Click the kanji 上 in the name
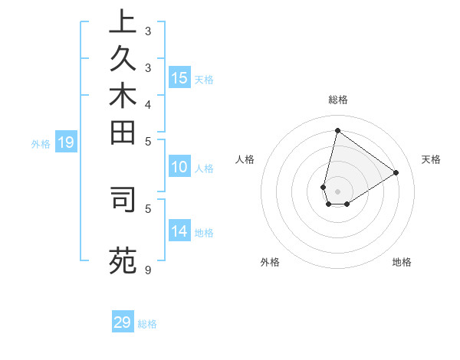(123, 23)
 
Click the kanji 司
(123, 198)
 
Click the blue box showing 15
(179, 77)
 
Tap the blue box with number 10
(179, 168)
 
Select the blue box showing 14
(179, 231)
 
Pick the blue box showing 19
(66, 142)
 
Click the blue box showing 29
(123, 322)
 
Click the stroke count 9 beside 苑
(148, 270)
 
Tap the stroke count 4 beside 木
(148, 104)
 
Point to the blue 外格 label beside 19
(41, 142)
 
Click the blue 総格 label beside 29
(148, 324)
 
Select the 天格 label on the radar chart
(431, 159)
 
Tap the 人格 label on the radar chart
(245, 159)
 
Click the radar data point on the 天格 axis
(396, 172)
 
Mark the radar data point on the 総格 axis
(337, 130)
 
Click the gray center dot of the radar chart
(337, 191)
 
